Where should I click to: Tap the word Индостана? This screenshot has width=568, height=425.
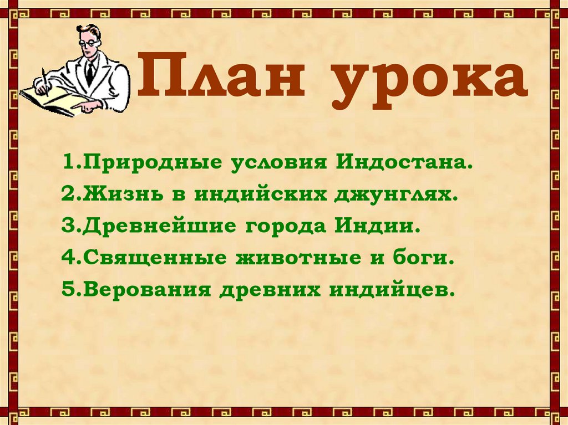(405, 164)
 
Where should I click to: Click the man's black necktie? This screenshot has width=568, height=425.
(89, 72)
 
